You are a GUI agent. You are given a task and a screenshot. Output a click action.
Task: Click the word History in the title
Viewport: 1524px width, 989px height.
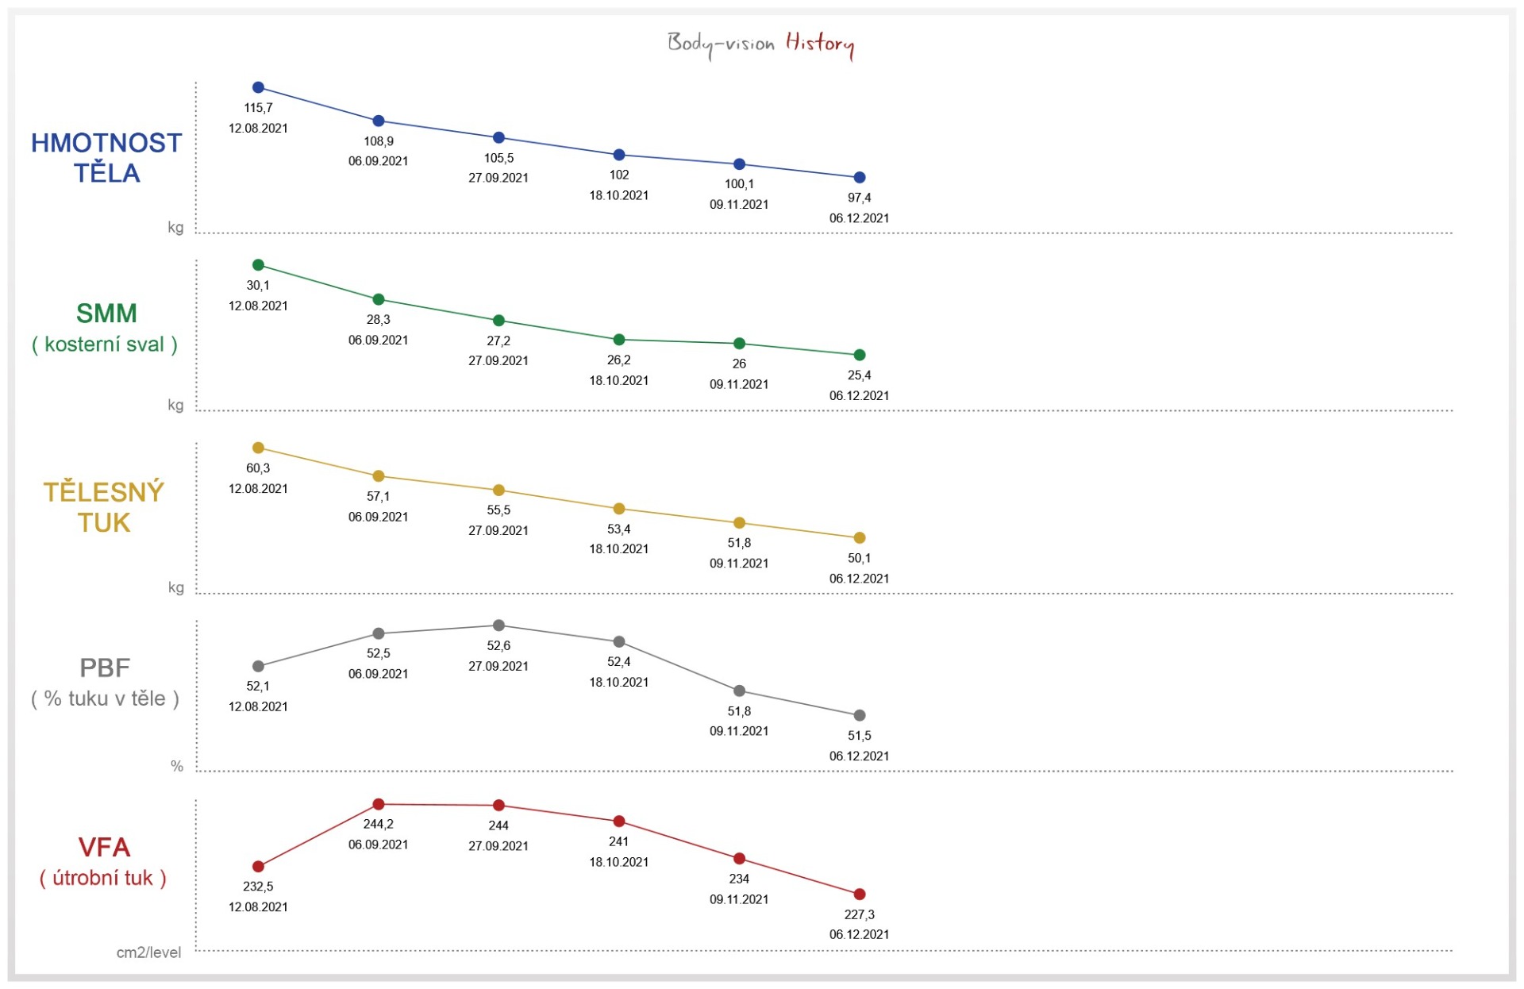pos(819,43)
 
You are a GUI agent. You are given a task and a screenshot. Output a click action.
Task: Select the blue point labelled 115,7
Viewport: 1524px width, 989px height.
pos(258,87)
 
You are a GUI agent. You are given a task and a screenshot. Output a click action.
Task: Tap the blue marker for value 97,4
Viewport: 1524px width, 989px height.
pos(859,178)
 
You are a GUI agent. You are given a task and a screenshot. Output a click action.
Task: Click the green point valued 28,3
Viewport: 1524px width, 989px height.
pos(379,299)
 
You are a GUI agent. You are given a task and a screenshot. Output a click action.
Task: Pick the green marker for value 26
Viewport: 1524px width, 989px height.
pos(739,344)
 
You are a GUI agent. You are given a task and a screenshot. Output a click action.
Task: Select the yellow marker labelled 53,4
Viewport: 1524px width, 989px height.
pos(619,509)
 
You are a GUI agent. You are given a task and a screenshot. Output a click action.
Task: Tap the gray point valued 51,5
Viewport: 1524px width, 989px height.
pos(859,715)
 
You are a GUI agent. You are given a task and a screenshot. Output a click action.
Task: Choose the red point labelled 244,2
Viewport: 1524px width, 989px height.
pos(379,804)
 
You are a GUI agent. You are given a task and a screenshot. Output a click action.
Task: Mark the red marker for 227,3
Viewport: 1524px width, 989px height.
pos(859,895)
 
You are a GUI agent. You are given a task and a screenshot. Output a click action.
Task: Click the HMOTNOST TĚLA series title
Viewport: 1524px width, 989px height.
pos(106,158)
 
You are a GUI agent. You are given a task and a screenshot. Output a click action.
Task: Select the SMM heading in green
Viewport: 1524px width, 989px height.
pos(106,314)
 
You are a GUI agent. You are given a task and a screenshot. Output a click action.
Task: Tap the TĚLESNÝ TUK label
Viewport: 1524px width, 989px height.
pos(104,507)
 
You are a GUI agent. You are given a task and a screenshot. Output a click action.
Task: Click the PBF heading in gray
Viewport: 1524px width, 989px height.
pos(105,668)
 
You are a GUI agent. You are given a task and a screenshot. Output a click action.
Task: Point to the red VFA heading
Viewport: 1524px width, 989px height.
pos(104,848)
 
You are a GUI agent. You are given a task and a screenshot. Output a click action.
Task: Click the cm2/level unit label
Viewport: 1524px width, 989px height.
pos(148,952)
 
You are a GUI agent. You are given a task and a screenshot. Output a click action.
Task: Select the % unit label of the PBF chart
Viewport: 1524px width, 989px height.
pos(177,766)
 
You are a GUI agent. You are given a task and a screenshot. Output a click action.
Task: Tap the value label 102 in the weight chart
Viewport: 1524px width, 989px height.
pos(619,175)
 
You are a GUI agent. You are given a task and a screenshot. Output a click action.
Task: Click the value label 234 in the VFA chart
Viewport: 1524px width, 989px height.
pos(739,879)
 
